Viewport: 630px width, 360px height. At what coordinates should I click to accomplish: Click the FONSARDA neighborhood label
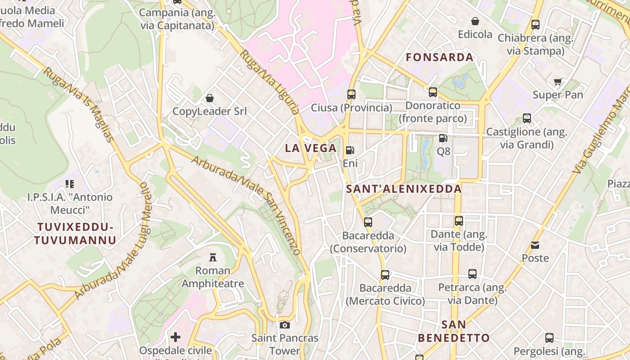click(x=440, y=57)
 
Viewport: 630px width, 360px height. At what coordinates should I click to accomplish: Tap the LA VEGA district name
click(x=311, y=148)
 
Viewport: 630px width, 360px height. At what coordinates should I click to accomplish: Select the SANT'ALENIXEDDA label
click(x=404, y=189)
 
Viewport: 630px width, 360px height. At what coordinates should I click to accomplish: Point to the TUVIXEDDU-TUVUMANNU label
click(x=75, y=233)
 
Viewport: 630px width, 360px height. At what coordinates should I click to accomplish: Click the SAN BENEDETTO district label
click(x=454, y=331)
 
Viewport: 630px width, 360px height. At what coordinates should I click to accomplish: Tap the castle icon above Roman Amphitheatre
click(x=213, y=257)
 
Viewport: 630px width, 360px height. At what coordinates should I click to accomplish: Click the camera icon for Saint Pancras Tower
click(x=284, y=325)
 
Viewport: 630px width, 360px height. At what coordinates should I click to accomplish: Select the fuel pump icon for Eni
click(x=350, y=150)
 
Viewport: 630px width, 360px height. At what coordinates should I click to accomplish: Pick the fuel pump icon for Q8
click(x=443, y=138)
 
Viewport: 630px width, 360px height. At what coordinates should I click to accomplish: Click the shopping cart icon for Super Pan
click(x=558, y=81)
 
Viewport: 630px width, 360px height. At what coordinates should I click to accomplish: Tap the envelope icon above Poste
click(x=535, y=245)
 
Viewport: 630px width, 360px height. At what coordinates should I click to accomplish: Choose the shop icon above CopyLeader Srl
click(x=210, y=98)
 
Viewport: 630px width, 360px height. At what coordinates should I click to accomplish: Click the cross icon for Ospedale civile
click(x=175, y=337)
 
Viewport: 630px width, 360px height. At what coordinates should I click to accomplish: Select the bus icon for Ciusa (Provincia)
click(x=351, y=94)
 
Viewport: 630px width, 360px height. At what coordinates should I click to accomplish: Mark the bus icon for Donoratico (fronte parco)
click(x=433, y=92)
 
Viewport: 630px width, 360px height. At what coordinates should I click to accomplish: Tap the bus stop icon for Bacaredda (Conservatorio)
click(x=368, y=222)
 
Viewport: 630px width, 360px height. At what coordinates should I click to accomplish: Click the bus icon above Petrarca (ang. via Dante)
click(x=472, y=274)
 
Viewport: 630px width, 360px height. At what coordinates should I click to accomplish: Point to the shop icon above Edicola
click(x=475, y=21)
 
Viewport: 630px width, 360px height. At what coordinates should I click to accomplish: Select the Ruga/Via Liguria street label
click(x=270, y=82)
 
